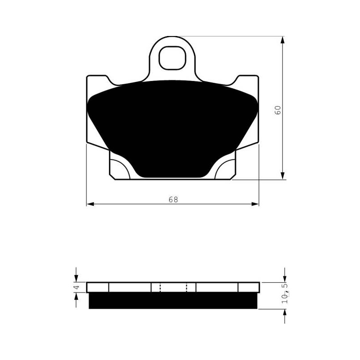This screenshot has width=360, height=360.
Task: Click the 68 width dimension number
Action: [173, 199]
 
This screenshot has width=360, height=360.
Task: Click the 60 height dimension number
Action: [278, 110]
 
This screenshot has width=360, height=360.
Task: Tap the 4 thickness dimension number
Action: [77, 287]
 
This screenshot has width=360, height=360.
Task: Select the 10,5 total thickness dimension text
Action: [285, 293]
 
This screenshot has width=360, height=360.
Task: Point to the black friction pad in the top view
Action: [172, 129]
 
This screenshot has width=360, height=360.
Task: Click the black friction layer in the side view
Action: [173, 300]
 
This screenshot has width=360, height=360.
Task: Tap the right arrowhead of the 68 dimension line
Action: [255, 204]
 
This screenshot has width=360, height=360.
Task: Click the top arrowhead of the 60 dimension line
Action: [283, 40]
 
